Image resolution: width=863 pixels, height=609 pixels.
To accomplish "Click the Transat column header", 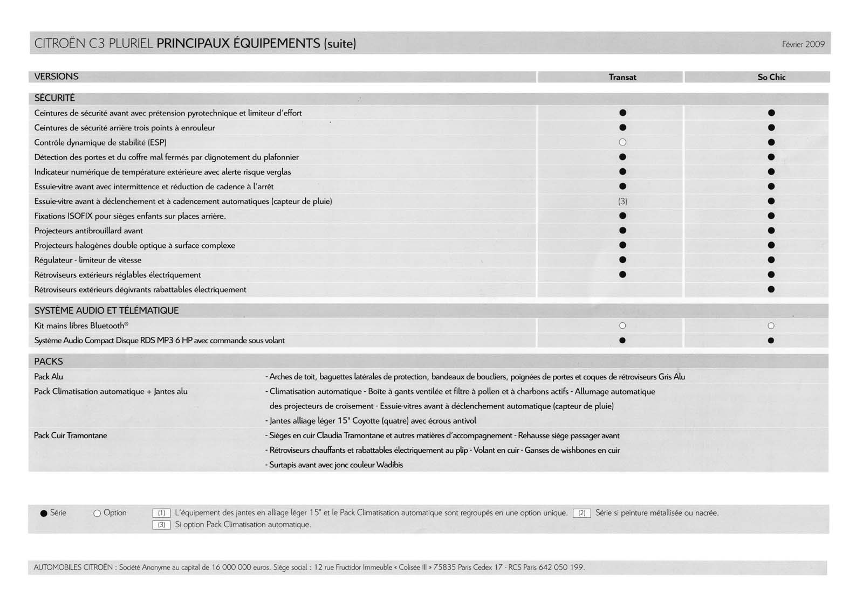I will pyautogui.click(x=622, y=77).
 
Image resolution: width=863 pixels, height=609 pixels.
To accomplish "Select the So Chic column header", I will pyautogui.click(x=771, y=77).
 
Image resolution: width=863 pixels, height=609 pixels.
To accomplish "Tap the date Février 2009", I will pyautogui.click(x=803, y=44).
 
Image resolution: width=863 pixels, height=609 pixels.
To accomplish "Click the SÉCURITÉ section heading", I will pyautogui.click(x=54, y=98).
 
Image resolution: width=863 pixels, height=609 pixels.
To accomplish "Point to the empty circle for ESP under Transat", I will pyautogui.click(x=622, y=142).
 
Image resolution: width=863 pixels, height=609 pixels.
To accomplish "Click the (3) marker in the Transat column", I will pyautogui.click(x=622, y=201).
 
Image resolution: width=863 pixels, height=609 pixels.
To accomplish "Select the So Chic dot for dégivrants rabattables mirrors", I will pyautogui.click(x=771, y=289).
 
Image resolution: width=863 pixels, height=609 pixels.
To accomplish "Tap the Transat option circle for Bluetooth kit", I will pyautogui.click(x=622, y=326).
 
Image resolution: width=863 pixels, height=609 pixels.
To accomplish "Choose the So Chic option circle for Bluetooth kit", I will pyautogui.click(x=771, y=326).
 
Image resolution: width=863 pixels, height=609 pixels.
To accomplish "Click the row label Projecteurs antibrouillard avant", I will pyautogui.click(x=88, y=231).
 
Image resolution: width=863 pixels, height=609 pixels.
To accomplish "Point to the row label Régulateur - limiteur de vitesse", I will pyautogui.click(x=87, y=260).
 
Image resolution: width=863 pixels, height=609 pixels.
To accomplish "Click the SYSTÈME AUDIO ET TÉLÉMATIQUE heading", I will pyautogui.click(x=106, y=310).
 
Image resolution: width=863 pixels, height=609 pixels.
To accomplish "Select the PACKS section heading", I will pyautogui.click(x=49, y=362).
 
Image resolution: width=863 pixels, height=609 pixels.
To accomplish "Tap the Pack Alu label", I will pyautogui.click(x=49, y=377).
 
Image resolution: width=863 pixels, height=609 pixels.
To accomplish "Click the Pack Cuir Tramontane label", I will pyautogui.click(x=70, y=435).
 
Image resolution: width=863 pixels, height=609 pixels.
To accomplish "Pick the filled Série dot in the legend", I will pyautogui.click(x=44, y=513).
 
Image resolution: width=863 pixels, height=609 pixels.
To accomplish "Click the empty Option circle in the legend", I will pyautogui.click(x=97, y=513).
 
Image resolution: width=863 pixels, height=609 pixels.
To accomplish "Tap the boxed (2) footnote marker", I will pyautogui.click(x=581, y=513).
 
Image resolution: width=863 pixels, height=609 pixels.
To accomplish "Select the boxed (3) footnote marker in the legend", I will pyautogui.click(x=161, y=524).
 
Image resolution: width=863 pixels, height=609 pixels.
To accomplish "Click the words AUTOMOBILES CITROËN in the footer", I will pyautogui.click(x=73, y=568).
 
